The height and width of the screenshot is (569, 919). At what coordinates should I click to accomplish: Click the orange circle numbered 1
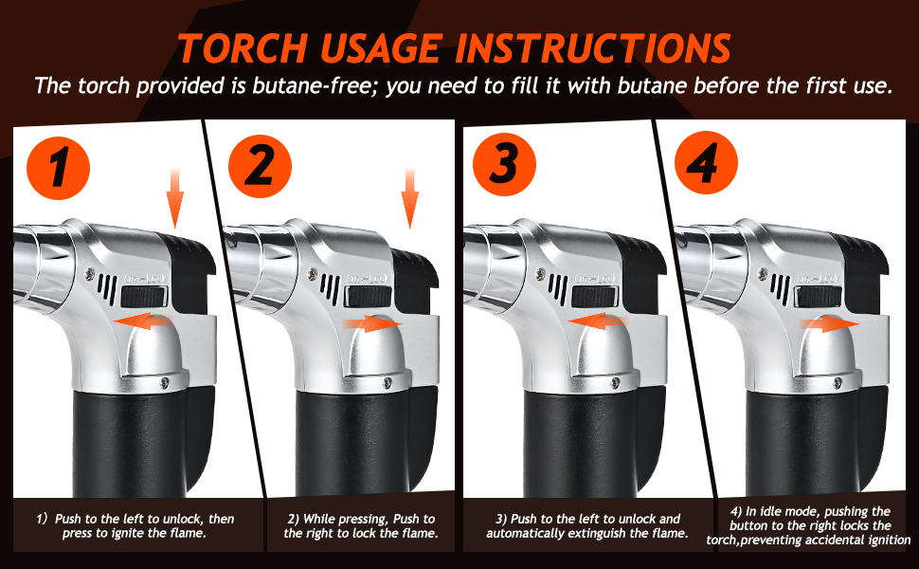[x=58, y=168]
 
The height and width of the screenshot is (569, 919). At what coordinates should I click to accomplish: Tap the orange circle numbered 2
[x=260, y=166]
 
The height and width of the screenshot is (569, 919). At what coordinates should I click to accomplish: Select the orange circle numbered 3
[x=504, y=164]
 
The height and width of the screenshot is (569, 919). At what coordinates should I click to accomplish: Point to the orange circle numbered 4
[x=706, y=162]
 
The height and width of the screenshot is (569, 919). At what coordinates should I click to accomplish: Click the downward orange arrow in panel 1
[x=174, y=198]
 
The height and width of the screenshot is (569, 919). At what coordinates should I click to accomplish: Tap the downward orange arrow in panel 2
[x=409, y=198]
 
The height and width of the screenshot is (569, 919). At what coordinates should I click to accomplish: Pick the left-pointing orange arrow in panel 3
[x=598, y=321]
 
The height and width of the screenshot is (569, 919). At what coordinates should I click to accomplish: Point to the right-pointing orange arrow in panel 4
[x=830, y=323]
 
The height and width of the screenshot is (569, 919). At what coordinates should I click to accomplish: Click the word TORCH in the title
[x=243, y=47]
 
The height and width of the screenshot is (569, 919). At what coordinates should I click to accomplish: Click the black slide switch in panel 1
[x=145, y=297]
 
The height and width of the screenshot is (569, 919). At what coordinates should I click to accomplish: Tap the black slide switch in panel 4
[x=820, y=297]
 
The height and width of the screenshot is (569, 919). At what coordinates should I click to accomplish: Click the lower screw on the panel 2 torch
[x=387, y=383]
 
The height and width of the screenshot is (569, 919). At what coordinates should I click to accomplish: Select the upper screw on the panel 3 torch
[x=540, y=273]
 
